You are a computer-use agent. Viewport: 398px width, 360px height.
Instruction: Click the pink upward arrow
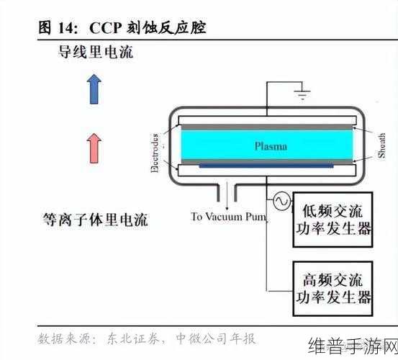93,148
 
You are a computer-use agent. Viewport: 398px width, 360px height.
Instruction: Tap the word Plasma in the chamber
271,146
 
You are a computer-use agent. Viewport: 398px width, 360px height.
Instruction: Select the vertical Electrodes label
154,151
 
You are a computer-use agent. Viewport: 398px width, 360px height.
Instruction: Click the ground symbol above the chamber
302,93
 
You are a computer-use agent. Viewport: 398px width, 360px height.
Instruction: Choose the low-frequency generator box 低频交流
333,220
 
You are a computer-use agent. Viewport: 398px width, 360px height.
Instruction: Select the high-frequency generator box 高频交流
333,289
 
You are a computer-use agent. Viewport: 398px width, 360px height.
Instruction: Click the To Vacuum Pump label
228,216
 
